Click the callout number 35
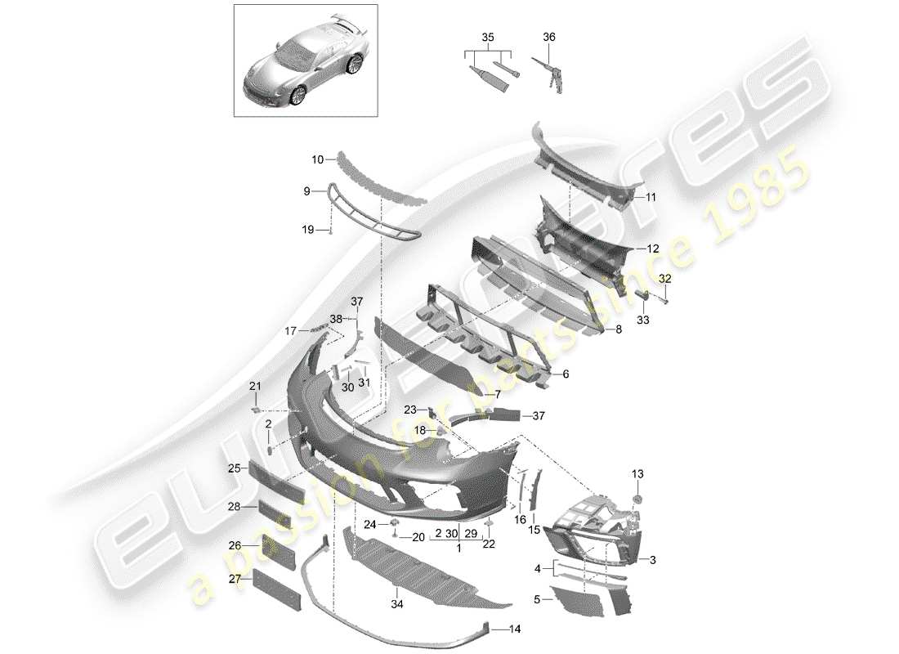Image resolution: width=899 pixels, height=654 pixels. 487,38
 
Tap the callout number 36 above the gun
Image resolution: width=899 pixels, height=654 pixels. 548,38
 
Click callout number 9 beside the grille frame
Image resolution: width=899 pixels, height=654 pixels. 307,191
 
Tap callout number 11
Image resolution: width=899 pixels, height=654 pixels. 651,197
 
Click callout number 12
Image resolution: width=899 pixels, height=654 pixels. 652,249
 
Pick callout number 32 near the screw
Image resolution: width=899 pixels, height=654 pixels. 664,279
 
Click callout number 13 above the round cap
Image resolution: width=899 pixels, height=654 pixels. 637,474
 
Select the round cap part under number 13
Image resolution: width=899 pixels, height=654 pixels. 637,499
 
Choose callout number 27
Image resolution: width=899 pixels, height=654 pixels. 234,579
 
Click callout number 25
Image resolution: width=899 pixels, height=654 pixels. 233,468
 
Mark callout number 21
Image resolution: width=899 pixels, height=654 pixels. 254,386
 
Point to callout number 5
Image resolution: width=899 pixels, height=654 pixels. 536,599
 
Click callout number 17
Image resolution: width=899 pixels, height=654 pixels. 290,331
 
